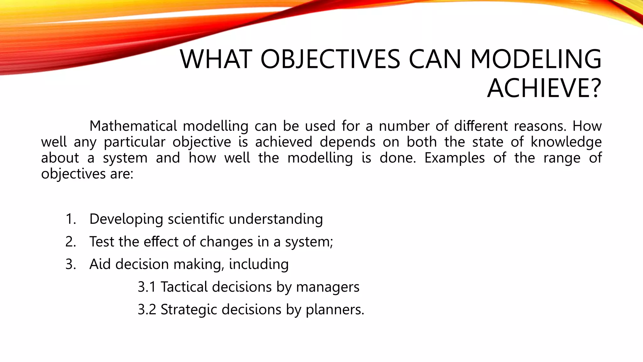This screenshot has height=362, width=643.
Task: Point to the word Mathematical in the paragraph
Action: coord(133,126)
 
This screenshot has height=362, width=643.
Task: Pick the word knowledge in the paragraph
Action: coord(566,142)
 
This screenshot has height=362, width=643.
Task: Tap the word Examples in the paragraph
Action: coord(454,158)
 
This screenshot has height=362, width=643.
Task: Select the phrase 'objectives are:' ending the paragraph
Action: coord(87,174)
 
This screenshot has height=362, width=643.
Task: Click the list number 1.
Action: coord(71,219)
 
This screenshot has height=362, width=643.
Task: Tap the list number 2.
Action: coord(71,242)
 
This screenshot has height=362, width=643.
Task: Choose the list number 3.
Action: coord(71,264)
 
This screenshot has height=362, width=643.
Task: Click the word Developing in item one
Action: coord(126,219)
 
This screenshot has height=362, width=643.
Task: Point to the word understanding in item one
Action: coord(276,219)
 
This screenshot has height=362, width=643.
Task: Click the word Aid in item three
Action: coord(100,264)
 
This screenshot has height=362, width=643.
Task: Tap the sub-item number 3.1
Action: coord(147,287)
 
